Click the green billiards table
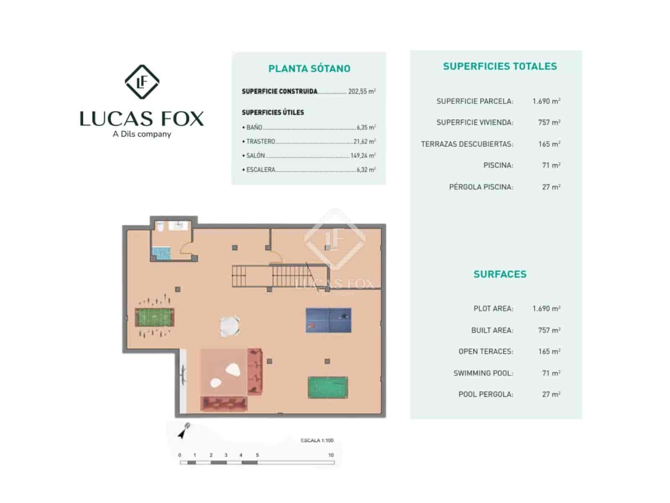tap(328, 387)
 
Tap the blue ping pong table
tap(328, 320)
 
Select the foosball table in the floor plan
tap(154, 317)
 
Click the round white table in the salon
tap(230, 326)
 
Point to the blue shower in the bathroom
tap(161, 253)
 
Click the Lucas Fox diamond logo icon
tap(142, 82)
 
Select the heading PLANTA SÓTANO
tap(309, 69)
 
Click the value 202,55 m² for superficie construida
tap(362, 91)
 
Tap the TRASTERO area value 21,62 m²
tap(364, 142)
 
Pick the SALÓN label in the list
tap(255, 156)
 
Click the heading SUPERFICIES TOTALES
tap(500, 66)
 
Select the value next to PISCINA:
tap(551, 165)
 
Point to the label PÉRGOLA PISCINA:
tap(481, 187)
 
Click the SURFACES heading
tap(500, 274)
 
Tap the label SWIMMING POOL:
tap(483, 373)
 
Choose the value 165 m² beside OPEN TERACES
tap(549, 351)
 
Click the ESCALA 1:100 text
tap(317, 440)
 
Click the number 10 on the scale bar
tap(331, 455)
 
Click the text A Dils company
tap(142, 134)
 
